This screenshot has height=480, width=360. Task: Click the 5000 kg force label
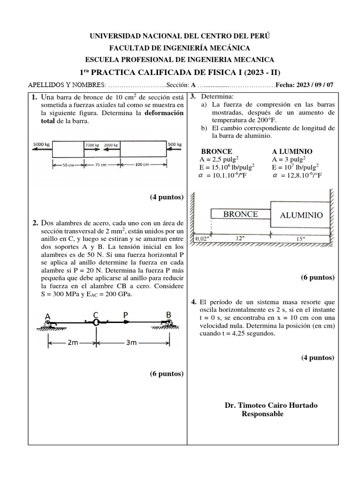click(x=41, y=144)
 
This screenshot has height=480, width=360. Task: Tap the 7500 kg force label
click(x=92, y=145)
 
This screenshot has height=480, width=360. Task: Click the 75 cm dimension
click(x=103, y=165)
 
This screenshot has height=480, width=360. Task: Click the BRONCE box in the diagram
click(x=240, y=214)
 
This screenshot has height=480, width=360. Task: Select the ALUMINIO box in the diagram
click(x=301, y=215)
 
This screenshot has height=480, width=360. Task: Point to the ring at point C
click(x=96, y=322)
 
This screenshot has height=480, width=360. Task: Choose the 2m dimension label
click(x=73, y=343)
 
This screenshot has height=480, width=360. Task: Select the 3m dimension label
click(x=131, y=343)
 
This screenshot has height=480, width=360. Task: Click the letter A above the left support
click(x=48, y=316)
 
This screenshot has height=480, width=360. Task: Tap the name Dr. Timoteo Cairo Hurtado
click(x=271, y=405)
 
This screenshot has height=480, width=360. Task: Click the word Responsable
click(x=262, y=414)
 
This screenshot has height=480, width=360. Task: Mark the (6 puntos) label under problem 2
click(x=166, y=374)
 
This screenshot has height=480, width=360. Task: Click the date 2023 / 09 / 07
click(x=315, y=85)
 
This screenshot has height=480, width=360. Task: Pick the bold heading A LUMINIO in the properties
click(x=292, y=151)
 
